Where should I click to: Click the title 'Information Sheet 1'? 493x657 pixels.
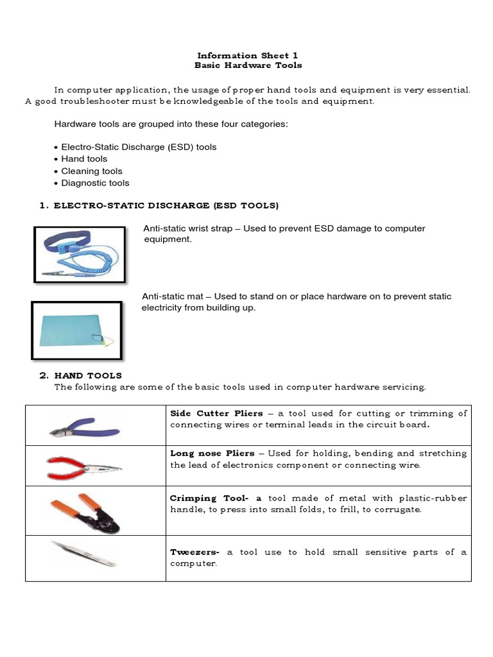247,55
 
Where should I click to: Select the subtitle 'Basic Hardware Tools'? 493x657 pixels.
247,65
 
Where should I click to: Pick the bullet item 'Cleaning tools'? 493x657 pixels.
91,171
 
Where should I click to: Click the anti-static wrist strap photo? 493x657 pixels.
79,254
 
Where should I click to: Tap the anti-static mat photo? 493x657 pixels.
76,330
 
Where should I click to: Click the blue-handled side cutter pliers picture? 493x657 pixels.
83,425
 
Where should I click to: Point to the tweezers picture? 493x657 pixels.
83,553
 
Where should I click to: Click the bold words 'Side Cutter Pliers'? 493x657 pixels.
216,413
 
